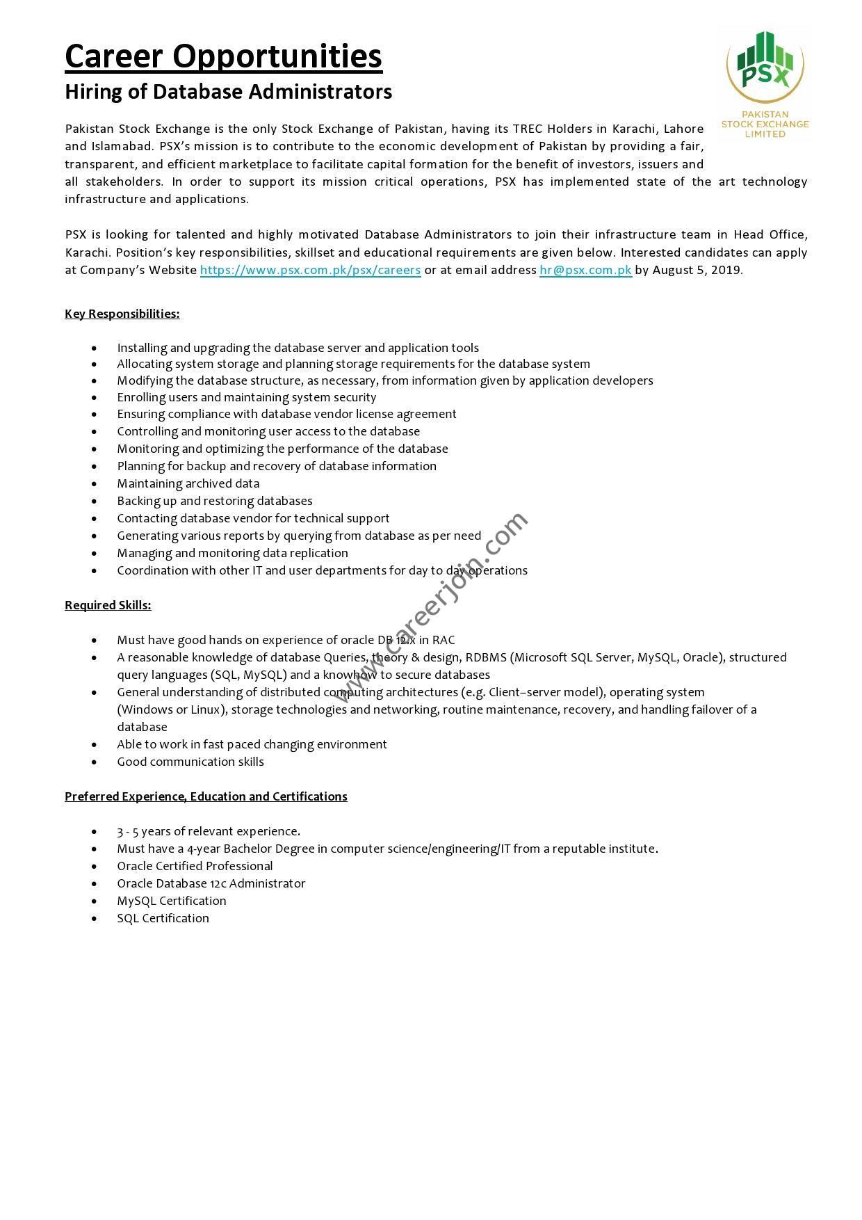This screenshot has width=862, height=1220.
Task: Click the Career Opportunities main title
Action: (x=223, y=56)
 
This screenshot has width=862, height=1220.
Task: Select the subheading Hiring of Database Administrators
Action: (x=228, y=92)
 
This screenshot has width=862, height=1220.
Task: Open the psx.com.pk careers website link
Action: (x=310, y=270)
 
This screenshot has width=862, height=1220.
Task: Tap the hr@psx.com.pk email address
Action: (x=585, y=270)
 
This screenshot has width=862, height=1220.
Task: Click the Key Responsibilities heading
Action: (x=122, y=314)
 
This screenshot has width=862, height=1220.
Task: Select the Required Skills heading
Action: (x=108, y=605)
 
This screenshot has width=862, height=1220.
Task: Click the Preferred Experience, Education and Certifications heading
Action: (x=206, y=796)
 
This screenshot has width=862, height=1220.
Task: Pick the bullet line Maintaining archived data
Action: (x=188, y=483)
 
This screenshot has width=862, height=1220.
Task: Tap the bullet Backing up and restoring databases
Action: (x=214, y=501)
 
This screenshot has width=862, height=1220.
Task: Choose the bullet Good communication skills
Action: (x=190, y=762)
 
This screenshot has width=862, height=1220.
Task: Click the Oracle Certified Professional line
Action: (x=195, y=866)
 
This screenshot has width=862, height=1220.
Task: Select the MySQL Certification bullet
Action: (x=171, y=901)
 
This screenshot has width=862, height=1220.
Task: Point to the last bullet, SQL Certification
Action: (x=163, y=918)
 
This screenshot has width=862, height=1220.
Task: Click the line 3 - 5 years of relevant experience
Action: (x=209, y=831)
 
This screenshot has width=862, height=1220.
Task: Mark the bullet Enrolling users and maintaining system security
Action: (x=246, y=397)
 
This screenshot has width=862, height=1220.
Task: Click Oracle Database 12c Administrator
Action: (x=211, y=883)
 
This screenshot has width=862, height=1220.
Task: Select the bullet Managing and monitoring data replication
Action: (x=232, y=553)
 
